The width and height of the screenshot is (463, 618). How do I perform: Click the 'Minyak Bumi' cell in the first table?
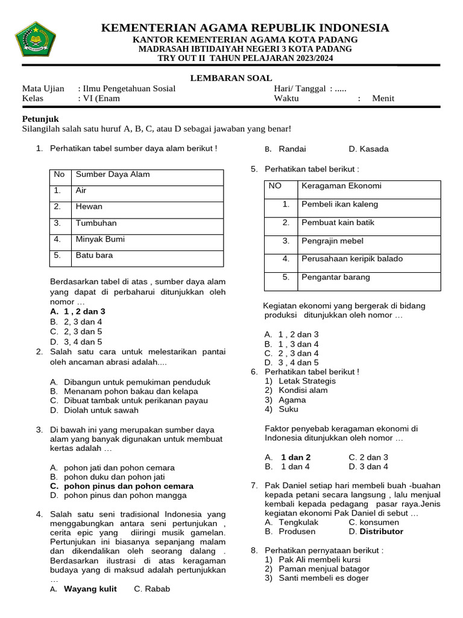pyautogui.click(x=100, y=240)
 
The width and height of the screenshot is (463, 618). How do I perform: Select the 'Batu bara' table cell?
pyautogui.click(x=94, y=256)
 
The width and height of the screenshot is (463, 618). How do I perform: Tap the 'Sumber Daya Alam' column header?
pyautogui.click(x=113, y=175)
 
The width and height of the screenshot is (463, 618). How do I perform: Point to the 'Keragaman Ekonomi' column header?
pyautogui.click(x=341, y=186)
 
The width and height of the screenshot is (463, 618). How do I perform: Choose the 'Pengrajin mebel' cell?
pyautogui.click(x=332, y=241)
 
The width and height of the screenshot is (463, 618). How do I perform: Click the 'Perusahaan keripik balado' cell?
pyautogui.click(x=352, y=260)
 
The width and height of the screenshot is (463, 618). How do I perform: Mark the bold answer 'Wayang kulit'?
pyautogui.click(x=90, y=589)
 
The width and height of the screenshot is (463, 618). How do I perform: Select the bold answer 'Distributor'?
pyautogui.click(x=381, y=532)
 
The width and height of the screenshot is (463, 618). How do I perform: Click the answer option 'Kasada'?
pyautogui.click(x=374, y=150)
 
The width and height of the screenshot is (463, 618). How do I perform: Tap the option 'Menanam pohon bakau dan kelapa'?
pyautogui.click(x=128, y=392)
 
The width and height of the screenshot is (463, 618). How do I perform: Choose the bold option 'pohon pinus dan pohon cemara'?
pyautogui.click(x=128, y=486)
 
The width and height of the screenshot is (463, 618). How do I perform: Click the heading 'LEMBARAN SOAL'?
pyautogui.click(x=231, y=78)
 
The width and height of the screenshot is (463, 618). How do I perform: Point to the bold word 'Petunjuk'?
pyautogui.click(x=40, y=119)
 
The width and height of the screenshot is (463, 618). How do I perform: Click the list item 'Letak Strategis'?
pyautogui.click(x=307, y=381)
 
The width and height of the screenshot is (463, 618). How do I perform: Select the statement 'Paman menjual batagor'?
pyautogui.click(x=324, y=569)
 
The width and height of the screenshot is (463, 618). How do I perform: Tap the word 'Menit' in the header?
pyautogui.click(x=383, y=98)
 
